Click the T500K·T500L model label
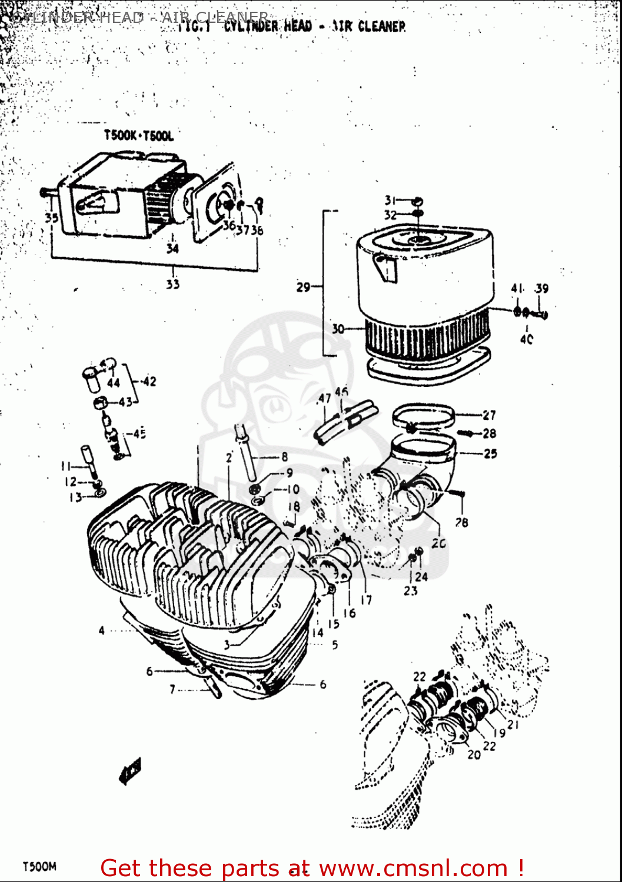tap(139, 136)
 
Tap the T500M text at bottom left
tap(39, 867)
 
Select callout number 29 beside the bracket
tap(303, 287)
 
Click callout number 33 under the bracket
tap(172, 284)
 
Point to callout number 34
tap(172, 249)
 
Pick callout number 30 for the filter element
tap(338, 329)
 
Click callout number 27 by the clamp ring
tap(489, 415)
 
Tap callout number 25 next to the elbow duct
tap(490, 453)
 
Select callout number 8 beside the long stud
tap(284, 456)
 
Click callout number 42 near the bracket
tap(149, 382)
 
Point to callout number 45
tap(139, 434)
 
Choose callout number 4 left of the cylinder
tap(102, 630)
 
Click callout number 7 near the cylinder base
tap(172, 689)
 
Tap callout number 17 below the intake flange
tap(366, 600)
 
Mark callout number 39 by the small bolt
tap(541, 288)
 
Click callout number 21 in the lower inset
tap(513, 725)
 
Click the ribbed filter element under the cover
tap(427, 335)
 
